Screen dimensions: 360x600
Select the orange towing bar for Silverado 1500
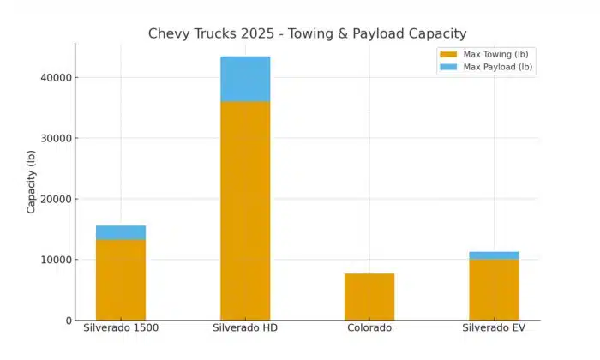point(121,279)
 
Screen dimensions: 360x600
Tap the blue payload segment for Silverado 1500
point(121,232)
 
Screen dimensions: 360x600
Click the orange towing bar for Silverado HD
point(245,210)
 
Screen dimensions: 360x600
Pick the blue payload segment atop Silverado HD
point(245,79)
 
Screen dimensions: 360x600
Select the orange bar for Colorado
point(369,297)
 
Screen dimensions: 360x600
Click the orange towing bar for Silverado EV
point(494,289)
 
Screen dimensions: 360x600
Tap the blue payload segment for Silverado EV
point(494,255)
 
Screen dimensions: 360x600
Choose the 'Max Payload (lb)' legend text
point(498,67)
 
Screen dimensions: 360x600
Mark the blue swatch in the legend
point(448,67)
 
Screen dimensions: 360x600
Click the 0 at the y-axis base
point(68,321)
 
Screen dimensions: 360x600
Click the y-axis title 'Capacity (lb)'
point(32,182)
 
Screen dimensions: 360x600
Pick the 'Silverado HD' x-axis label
point(245,328)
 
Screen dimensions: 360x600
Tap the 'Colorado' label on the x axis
point(369,328)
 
